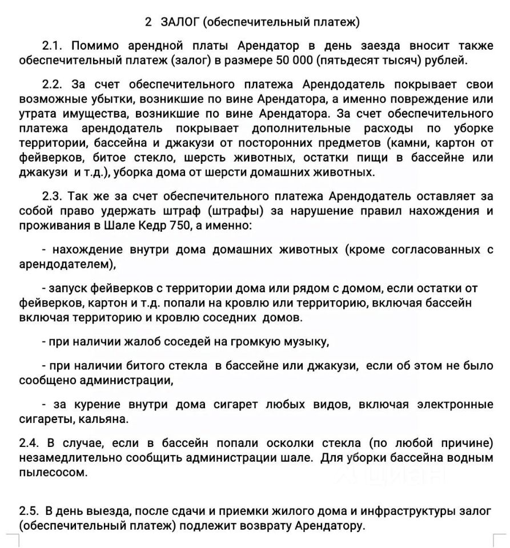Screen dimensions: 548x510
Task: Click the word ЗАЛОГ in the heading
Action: tap(179, 23)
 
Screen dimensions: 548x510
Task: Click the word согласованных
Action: tap(433, 250)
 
